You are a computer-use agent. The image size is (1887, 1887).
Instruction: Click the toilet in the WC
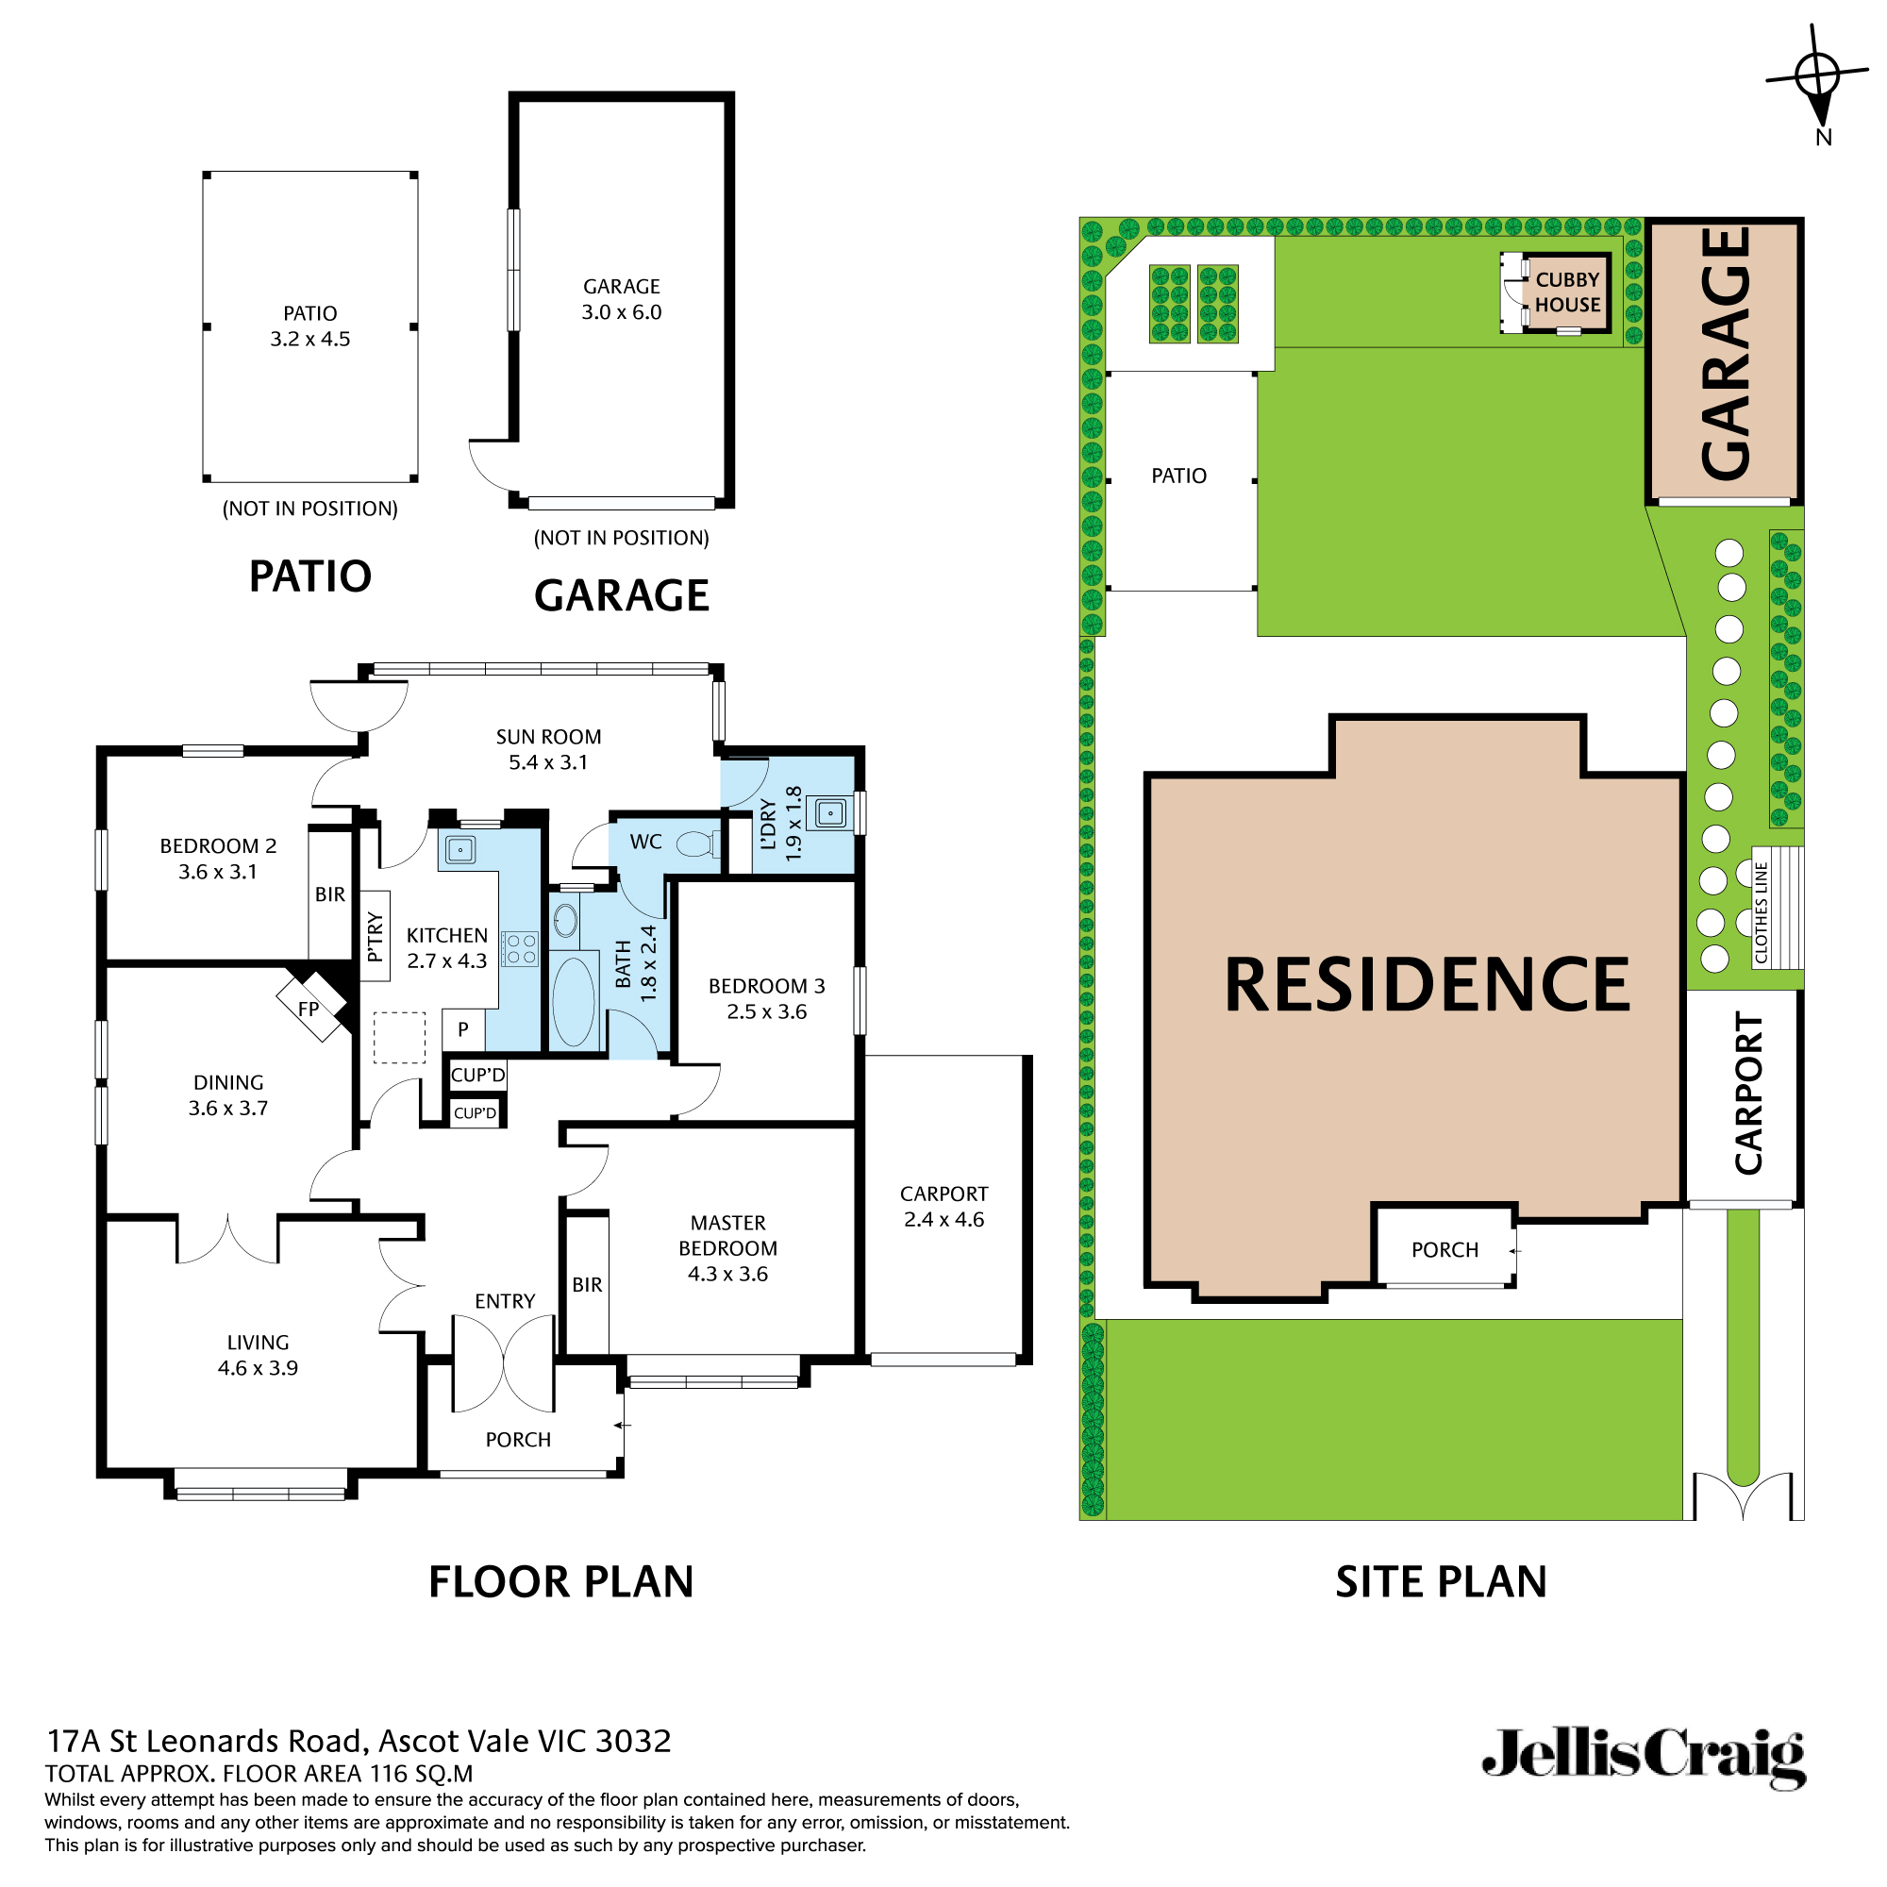(x=695, y=843)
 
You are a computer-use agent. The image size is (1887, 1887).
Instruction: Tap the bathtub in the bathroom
(x=574, y=1002)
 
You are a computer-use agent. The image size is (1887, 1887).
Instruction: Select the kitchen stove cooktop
(x=521, y=948)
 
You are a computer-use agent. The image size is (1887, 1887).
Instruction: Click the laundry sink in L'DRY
(x=830, y=812)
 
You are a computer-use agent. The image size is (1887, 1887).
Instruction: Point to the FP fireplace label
(x=309, y=1009)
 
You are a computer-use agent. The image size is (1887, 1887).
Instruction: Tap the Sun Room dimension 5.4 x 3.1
(x=548, y=762)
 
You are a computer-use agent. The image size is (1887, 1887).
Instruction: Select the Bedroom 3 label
(x=767, y=987)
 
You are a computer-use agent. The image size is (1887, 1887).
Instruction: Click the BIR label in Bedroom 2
(x=330, y=894)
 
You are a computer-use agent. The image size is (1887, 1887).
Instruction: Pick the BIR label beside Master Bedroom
(x=587, y=1285)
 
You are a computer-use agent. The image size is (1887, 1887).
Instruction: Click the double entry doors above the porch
(x=504, y=1363)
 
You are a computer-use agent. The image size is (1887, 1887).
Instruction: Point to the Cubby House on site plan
(x=1566, y=292)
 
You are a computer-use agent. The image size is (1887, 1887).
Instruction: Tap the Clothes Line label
(x=1761, y=912)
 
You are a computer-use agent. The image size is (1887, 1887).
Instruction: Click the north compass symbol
(x=1816, y=76)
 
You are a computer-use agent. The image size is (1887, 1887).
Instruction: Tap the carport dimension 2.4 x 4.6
(x=943, y=1220)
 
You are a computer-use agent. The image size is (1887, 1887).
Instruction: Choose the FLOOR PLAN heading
(x=560, y=1582)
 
